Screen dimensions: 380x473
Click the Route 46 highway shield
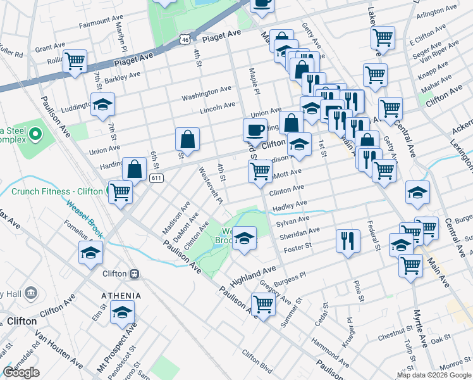184,39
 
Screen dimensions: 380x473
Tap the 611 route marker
156,179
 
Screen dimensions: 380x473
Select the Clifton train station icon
134,274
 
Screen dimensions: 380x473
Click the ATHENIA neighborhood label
122,296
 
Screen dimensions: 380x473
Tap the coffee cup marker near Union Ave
255,130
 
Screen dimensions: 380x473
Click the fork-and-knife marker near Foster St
348,241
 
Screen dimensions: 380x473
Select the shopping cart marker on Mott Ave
261,171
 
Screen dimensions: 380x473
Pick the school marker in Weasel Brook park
244,239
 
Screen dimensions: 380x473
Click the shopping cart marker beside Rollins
75,62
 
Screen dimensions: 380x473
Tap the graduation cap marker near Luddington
102,105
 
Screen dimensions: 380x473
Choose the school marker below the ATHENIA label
122,312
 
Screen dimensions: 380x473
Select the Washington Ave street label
207,94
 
